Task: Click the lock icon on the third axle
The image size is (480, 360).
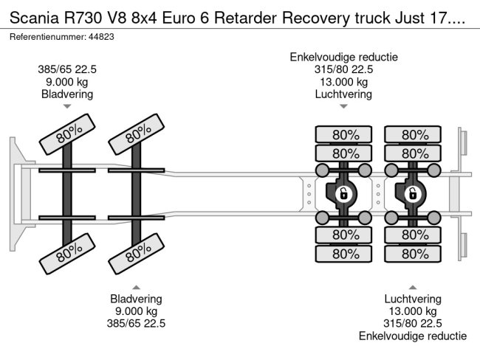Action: pyautogui.click(x=343, y=195)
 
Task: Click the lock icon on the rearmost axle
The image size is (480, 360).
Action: pyautogui.click(x=412, y=195)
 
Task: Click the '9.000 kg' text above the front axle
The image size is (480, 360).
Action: pyautogui.click(x=67, y=83)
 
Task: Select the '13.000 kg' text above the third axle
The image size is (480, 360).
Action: pyautogui.click(x=343, y=83)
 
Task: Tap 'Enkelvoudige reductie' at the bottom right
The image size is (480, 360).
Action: pyautogui.click(x=413, y=335)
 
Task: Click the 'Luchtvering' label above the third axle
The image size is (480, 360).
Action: pyautogui.click(x=343, y=94)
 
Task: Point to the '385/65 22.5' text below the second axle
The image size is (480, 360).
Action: pyautogui.click(x=137, y=323)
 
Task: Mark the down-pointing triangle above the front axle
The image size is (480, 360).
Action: pyautogui.click(x=67, y=107)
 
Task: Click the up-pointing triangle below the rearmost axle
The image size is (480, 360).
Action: pyautogui.click(x=413, y=286)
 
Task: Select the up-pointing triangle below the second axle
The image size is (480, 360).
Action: pyautogui.click(x=137, y=286)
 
